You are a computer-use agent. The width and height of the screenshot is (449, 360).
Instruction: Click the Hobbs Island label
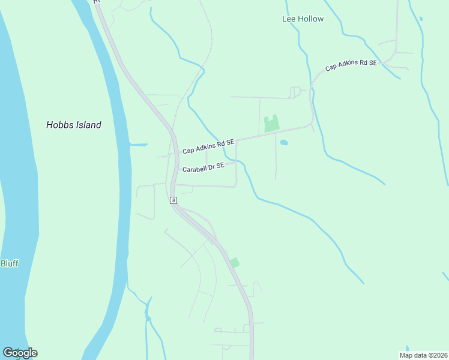coord(74,125)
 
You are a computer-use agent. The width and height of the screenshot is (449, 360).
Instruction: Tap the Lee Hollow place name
coord(303,19)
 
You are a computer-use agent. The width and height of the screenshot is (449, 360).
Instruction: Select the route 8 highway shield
coord(173,200)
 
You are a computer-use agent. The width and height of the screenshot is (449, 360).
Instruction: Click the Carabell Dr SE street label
coord(203,167)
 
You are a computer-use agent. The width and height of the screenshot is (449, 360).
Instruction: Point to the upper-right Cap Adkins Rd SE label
coord(351,65)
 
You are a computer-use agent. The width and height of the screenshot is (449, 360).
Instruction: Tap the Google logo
coord(20,352)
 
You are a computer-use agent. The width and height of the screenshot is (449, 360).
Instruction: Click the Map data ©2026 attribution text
coord(423,355)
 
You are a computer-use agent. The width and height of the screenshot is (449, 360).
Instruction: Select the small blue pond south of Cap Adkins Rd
coord(284,143)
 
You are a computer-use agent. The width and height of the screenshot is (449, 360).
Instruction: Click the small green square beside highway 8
coord(235,263)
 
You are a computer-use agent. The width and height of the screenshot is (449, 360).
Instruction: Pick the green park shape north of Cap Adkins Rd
coord(272,124)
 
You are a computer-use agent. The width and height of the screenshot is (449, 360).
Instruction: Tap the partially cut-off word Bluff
coord(9,263)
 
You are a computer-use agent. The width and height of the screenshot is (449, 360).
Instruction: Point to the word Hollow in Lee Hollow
coord(311,19)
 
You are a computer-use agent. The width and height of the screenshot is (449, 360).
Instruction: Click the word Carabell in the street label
coord(196,169)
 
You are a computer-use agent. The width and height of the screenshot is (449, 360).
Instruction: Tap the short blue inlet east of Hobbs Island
coord(139,145)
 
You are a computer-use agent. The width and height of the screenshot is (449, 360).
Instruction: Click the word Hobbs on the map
coord(58,125)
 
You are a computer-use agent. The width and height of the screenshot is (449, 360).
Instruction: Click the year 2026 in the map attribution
coord(438,355)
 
